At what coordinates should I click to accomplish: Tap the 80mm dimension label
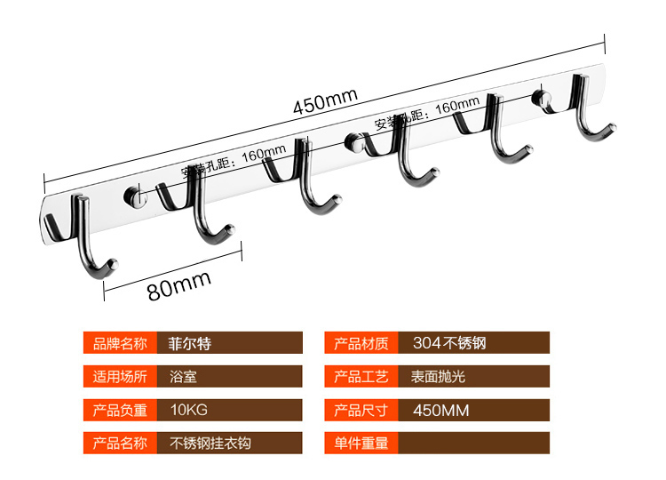179,289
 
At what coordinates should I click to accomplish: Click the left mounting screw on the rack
135,194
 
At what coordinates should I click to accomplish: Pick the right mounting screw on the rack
541,98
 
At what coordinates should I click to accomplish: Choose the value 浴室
183,376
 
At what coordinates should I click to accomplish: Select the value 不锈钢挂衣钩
210,442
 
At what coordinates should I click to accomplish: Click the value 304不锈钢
448,343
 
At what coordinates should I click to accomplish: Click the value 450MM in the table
441,410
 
